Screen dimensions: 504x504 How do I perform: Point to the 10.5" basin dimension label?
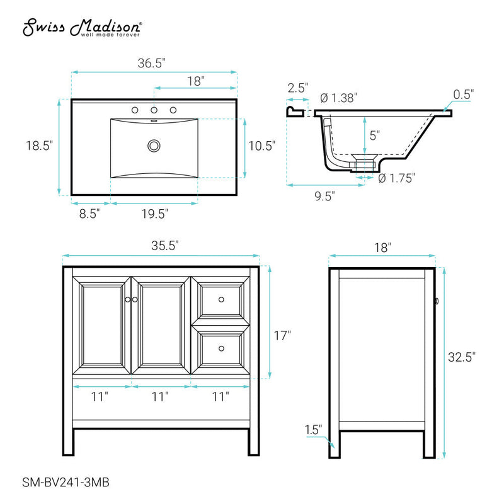(x=262, y=146)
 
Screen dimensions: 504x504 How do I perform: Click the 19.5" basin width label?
(x=154, y=214)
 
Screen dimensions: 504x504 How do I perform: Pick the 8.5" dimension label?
(x=89, y=214)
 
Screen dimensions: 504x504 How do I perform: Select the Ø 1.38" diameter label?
(x=338, y=98)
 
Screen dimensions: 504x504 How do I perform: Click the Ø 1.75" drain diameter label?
(x=397, y=178)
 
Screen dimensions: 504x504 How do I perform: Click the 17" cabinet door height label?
(x=282, y=336)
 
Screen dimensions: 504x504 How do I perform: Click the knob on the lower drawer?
(x=221, y=348)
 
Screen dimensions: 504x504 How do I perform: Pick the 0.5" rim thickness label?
(x=464, y=94)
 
